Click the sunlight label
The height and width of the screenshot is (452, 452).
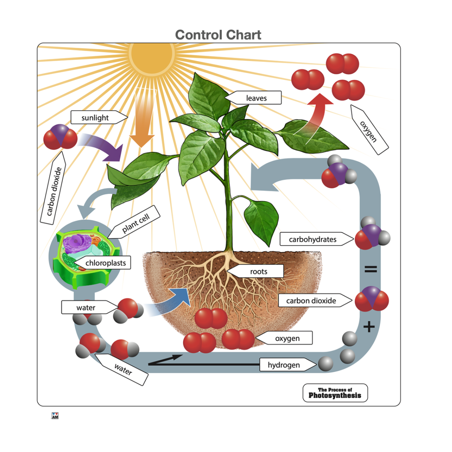coord(95,118)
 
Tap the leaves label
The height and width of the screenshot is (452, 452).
coord(256,98)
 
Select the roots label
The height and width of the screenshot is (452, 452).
coord(258,271)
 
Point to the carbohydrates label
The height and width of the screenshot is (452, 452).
coord(313,239)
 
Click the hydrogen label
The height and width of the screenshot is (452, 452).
coord(284,365)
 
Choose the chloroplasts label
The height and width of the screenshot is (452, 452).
coord(105,263)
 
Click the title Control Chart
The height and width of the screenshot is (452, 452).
coord(218,35)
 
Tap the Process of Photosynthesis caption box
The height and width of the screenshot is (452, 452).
coord(335,393)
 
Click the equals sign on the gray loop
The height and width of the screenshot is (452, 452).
coord(370,269)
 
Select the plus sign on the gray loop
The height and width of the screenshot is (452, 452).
coord(369,326)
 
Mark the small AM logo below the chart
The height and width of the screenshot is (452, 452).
coord(55,415)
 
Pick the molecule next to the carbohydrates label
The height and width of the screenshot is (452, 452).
coord(372,236)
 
